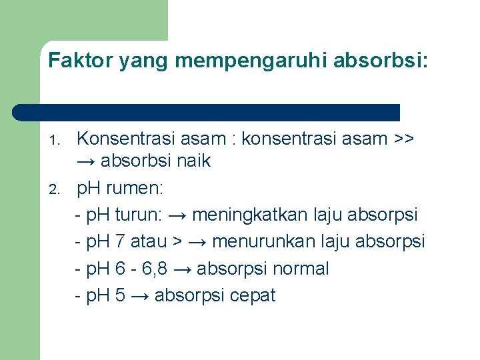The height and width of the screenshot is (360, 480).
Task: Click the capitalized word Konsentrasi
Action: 123,139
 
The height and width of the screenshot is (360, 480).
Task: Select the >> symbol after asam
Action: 403,139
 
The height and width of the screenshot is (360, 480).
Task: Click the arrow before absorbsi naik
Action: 86,161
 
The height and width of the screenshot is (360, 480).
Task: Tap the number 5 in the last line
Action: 120,295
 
